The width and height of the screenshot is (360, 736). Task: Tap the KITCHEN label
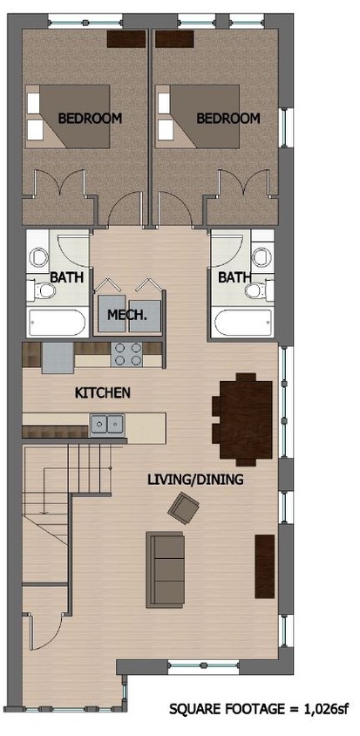click(x=103, y=393)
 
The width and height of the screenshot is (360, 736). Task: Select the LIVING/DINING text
click(x=194, y=480)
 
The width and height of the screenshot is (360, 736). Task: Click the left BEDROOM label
click(x=90, y=118)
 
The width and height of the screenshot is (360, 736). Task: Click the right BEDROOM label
click(x=228, y=118)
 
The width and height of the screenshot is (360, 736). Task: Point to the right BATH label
click(x=233, y=278)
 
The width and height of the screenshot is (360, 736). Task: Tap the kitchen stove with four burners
click(x=128, y=353)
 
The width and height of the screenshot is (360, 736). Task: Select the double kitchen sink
click(x=106, y=425)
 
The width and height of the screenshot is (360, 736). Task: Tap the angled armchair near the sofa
click(x=184, y=508)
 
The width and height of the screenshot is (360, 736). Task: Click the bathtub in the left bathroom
click(x=57, y=322)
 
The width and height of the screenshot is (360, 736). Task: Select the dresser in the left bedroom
click(x=126, y=38)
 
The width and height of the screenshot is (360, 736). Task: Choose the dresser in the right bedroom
click(x=173, y=38)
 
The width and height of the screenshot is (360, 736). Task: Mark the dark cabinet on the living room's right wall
click(x=264, y=566)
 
